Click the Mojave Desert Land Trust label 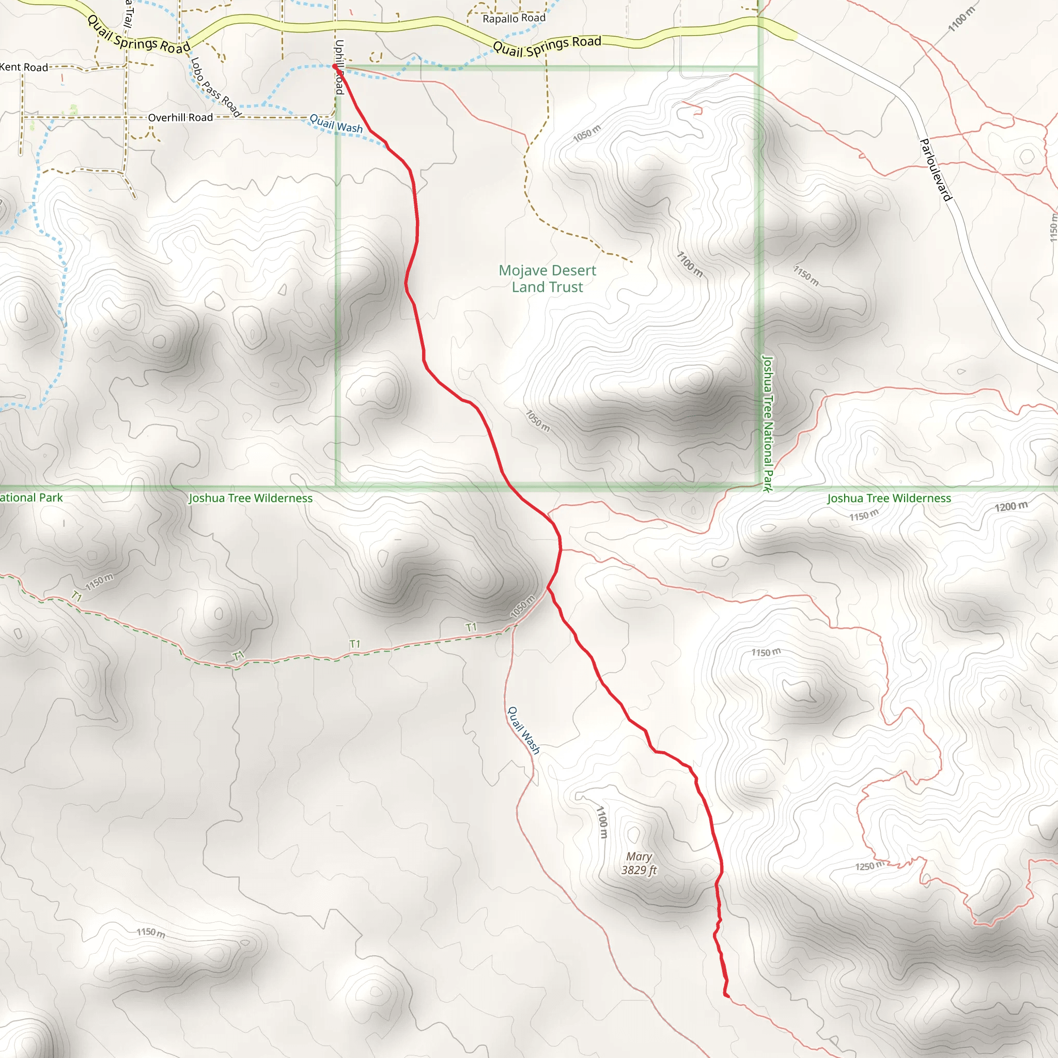pyautogui.click(x=547, y=279)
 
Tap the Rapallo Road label pyautogui.click(x=514, y=19)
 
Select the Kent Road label pyautogui.click(x=24, y=67)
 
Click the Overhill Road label pyautogui.click(x=180, y=118)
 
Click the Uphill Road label pyautogui.click(x=339, y=67)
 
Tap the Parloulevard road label pyautogui.click(x=936, y=170)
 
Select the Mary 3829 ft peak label pyautogui.click(x=639, y=863)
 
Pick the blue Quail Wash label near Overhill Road pyautogui.click(x=336, y=124)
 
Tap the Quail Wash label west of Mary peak pyautogui.click(x=523, y=730)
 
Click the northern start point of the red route pyautogui.click(x=335, y=66)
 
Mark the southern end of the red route pyautogui.click(x=726, y=994)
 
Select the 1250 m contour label pyautogui.click(x=869, y=865)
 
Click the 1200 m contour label pyautogui.click(x=1011, y=506)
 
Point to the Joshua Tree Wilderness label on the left pyautogui.click(x=250, y=499)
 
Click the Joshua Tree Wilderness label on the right pyautogui.click(x=889, y=499)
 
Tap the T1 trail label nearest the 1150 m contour pyautogui.click(x=76, y=596)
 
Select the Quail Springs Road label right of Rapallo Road pyautogui.click(x=547, y=45)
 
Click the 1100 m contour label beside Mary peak pyautogui.click(x=602, y=821)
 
